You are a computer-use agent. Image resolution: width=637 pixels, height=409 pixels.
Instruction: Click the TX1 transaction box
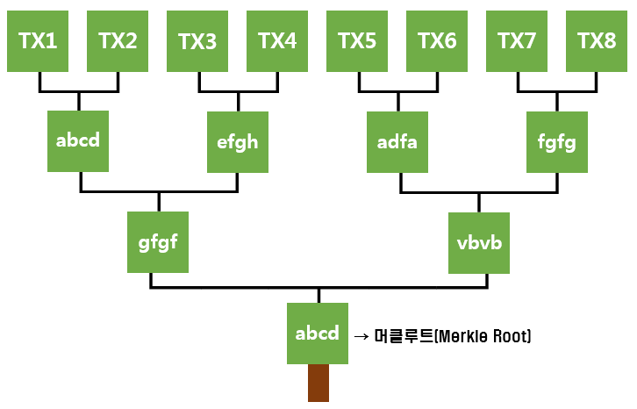[39, 40]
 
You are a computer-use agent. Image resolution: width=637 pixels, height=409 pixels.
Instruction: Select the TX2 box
[118, 40]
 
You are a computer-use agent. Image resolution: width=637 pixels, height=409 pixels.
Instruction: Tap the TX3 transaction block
[197, 40]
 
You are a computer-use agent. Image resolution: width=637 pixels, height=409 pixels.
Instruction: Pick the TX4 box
[277, 40]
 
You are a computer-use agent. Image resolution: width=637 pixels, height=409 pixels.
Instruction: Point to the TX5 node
[357, 40]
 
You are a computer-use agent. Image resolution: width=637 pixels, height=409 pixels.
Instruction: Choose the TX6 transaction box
[437, 40]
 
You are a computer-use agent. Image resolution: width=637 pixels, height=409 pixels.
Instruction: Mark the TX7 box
[517, 40]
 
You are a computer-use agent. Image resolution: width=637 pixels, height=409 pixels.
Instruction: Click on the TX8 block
[597, 40]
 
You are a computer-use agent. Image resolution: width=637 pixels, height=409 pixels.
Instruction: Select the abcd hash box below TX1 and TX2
[79, 141]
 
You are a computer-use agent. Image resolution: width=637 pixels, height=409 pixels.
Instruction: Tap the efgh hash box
[238, 141]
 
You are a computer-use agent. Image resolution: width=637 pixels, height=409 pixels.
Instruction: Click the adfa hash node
[397, 141]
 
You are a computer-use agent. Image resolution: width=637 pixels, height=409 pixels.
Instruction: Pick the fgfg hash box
[557, 141]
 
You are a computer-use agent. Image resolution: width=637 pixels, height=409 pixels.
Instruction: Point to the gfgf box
[159, 242]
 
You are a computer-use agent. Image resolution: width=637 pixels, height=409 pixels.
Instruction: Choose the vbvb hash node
[478, 242]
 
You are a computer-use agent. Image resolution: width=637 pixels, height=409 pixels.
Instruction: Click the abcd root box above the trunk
[318, 334]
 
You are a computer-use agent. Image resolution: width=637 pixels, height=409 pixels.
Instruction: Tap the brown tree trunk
[318, 384]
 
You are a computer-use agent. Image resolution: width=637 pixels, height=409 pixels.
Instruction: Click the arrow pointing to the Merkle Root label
[361, 336]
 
